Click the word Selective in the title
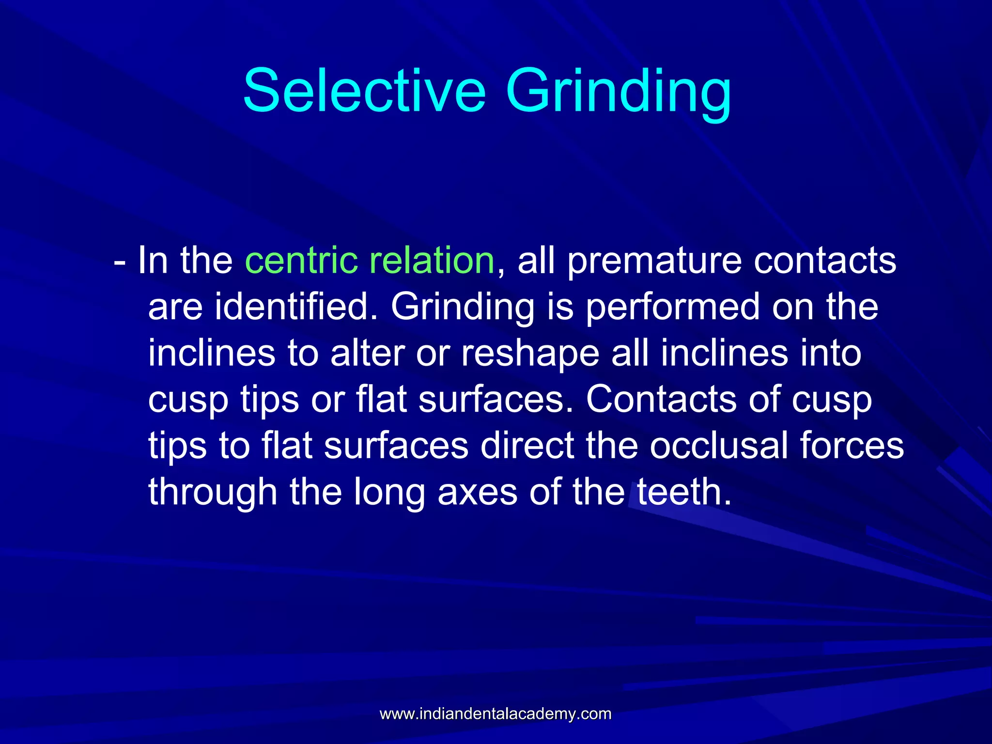click(364, 91)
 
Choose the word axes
click(478, 492)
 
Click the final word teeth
click(683, 492)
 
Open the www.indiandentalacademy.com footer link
click(496, 714)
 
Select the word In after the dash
click(153, 261)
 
